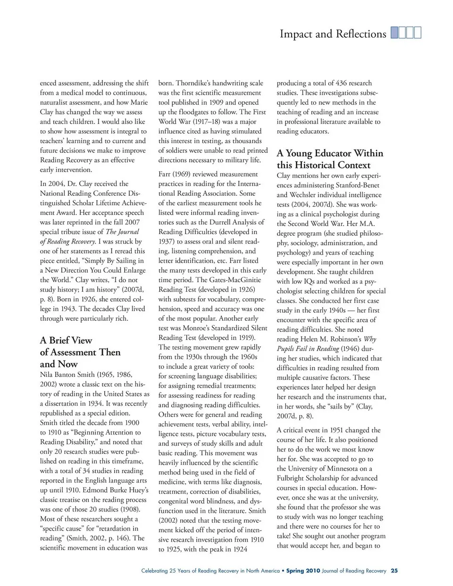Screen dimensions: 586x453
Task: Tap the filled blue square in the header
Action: click(x=394, y=33)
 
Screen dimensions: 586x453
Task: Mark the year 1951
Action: click(x=344, y=430)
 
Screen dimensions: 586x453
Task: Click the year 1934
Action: click(x=111, y=403)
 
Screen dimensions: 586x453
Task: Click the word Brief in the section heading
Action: click(x=64, y=340)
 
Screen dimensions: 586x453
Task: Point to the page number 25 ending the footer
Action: click(x=394, y=571)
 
